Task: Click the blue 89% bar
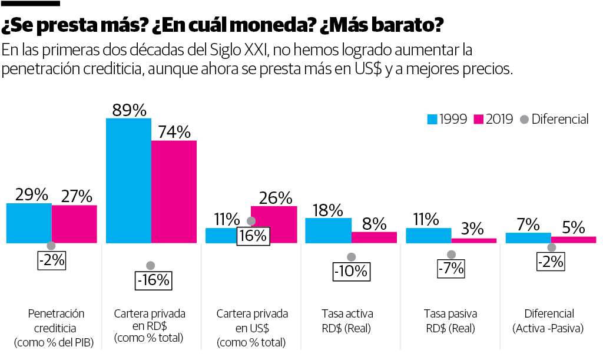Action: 128,180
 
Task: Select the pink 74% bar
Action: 174,191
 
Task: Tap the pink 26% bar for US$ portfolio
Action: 274,224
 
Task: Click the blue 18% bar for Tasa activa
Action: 328,230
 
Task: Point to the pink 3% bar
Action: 473,240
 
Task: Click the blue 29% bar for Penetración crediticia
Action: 29,223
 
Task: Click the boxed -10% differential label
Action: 351,272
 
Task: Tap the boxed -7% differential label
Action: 451,268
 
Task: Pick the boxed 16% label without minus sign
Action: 253,236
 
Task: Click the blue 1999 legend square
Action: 432,120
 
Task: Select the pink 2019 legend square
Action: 478,120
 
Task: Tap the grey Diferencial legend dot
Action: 524,120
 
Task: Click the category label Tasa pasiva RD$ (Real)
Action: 450,321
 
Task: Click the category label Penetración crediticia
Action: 57,328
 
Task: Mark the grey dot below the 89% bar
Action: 151,265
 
